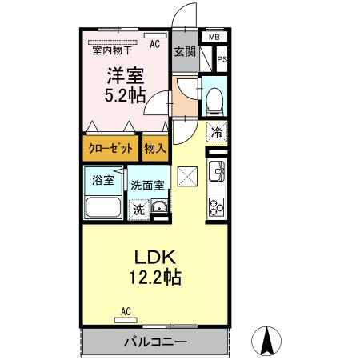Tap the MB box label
click(214, 37)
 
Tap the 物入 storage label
click(155, 147)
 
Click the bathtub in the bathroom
click(102, 207)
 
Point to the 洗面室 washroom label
click(148, 184)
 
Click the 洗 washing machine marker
click(139, 210)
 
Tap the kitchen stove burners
click(216, 206)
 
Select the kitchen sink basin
click(216, 171)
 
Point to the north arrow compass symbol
click(267, 342)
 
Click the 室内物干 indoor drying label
click(113, 50)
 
